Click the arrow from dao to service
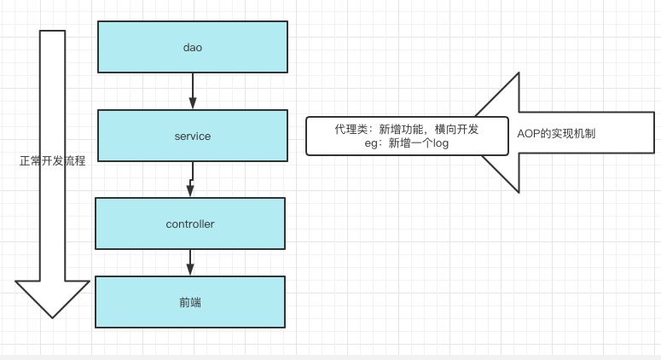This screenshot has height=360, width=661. click(x=193, y=90)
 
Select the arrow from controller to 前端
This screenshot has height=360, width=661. click(x=190, y=262)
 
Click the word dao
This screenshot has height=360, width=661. click(x=192, y=48)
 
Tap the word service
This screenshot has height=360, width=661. click(x=192, y=136)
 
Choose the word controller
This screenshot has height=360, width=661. click(x=189, y=224)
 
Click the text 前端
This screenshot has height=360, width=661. click(x=189, y=302)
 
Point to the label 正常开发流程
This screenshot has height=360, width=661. click(x=53, y=160)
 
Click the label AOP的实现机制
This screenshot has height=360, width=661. click(x=557, y=134)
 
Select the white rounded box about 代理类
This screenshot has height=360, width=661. click(x=406, y=136)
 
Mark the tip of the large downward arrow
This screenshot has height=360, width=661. click(x=53, y=316)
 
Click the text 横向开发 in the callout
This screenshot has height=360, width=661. click(x=456, y=129)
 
